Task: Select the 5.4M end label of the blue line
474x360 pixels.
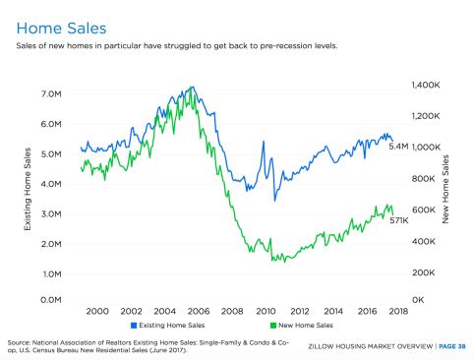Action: (399, 147)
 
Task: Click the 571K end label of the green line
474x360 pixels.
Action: (399, 221)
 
